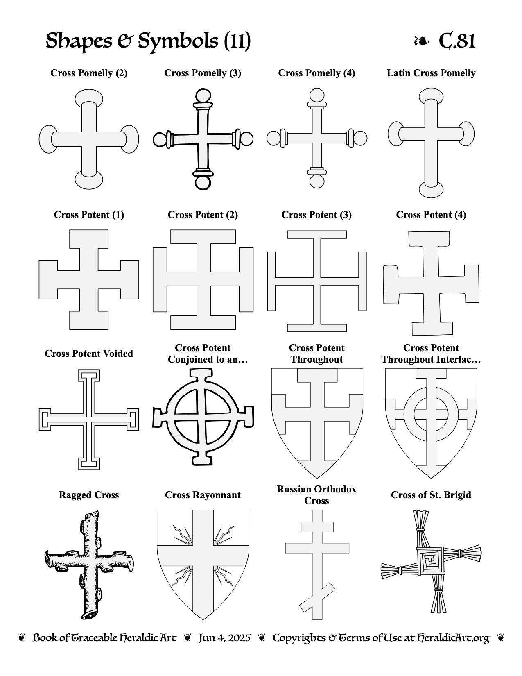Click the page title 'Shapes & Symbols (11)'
click(148, 41)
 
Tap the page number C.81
click(457, 41)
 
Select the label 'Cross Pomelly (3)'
click(203, 73)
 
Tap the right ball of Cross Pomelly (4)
click(361, 138)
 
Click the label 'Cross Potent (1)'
click(89, 215)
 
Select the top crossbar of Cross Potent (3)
click(317, 235)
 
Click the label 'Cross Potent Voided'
click(89, 354)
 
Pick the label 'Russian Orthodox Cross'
click(317, 495)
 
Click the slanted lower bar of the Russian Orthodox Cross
click(317, 597)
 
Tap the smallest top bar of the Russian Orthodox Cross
click(317, 527)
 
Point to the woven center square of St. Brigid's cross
click(431, 562)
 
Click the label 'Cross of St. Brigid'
click(431, 495)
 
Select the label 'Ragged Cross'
click(89, 495)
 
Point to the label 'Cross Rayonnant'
click(203, 495)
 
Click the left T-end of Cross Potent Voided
click(45, 420)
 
